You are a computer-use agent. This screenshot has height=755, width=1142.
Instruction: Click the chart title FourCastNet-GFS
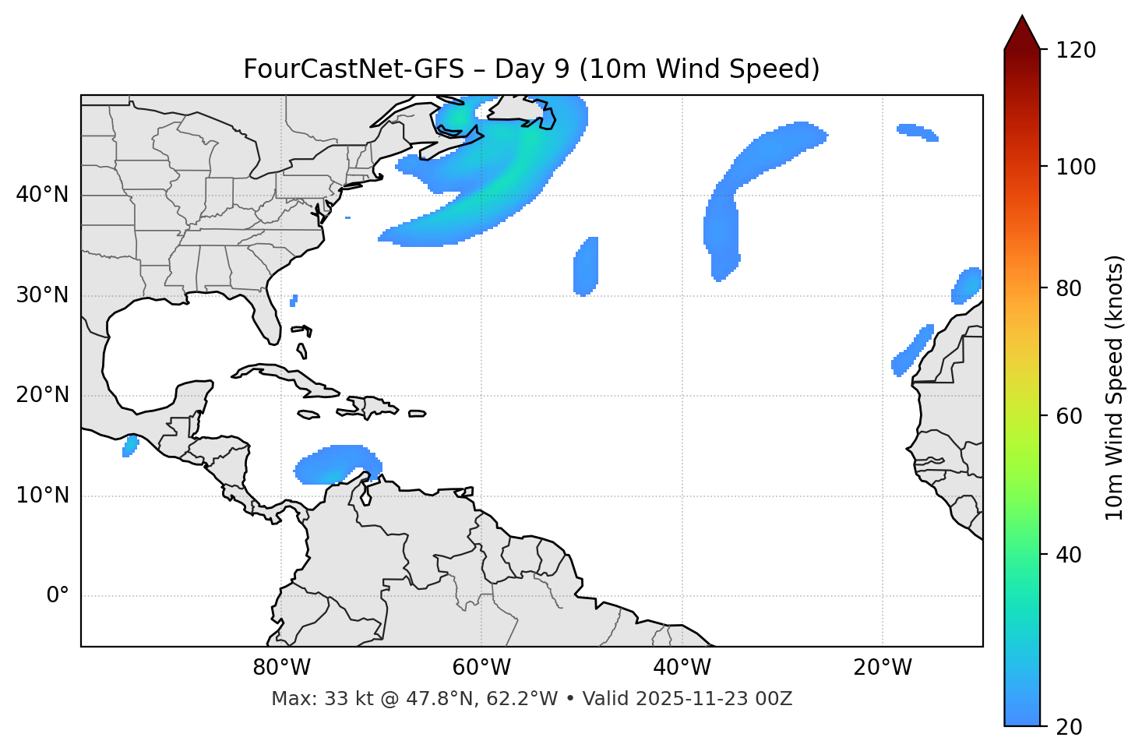[x=531, y=69]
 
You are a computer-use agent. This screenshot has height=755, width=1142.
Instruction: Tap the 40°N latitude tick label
[x=42, y=195]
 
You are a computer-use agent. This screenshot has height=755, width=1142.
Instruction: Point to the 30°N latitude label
[x=42, y=295]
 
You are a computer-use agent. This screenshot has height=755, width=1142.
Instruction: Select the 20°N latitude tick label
[x=42, y=395]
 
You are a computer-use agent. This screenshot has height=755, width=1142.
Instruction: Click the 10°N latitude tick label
[x=42, y=496]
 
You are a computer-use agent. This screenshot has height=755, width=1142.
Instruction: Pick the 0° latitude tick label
[x=58, y=596]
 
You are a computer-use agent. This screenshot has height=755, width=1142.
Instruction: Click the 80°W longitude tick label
[x=280, y=668]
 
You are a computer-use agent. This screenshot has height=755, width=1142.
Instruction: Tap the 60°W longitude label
[x=481, y=668]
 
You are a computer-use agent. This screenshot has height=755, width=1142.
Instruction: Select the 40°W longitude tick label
[x=682, y=668]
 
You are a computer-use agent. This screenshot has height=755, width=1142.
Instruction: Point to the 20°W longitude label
[x=883, y=668]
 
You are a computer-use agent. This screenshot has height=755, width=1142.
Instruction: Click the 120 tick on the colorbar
[x=1076, y=50]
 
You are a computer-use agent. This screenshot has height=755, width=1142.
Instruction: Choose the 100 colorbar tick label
[x=1076, y=167]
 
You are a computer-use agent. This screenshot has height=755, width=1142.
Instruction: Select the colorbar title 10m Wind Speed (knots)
[x=1115, y=387]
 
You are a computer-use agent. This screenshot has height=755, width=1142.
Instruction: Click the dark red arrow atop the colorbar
[x=1022, y=34]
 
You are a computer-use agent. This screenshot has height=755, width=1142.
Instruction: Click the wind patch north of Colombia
[x=337, y=465]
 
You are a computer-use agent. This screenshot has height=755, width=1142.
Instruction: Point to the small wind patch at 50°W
[x=586, y=266]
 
